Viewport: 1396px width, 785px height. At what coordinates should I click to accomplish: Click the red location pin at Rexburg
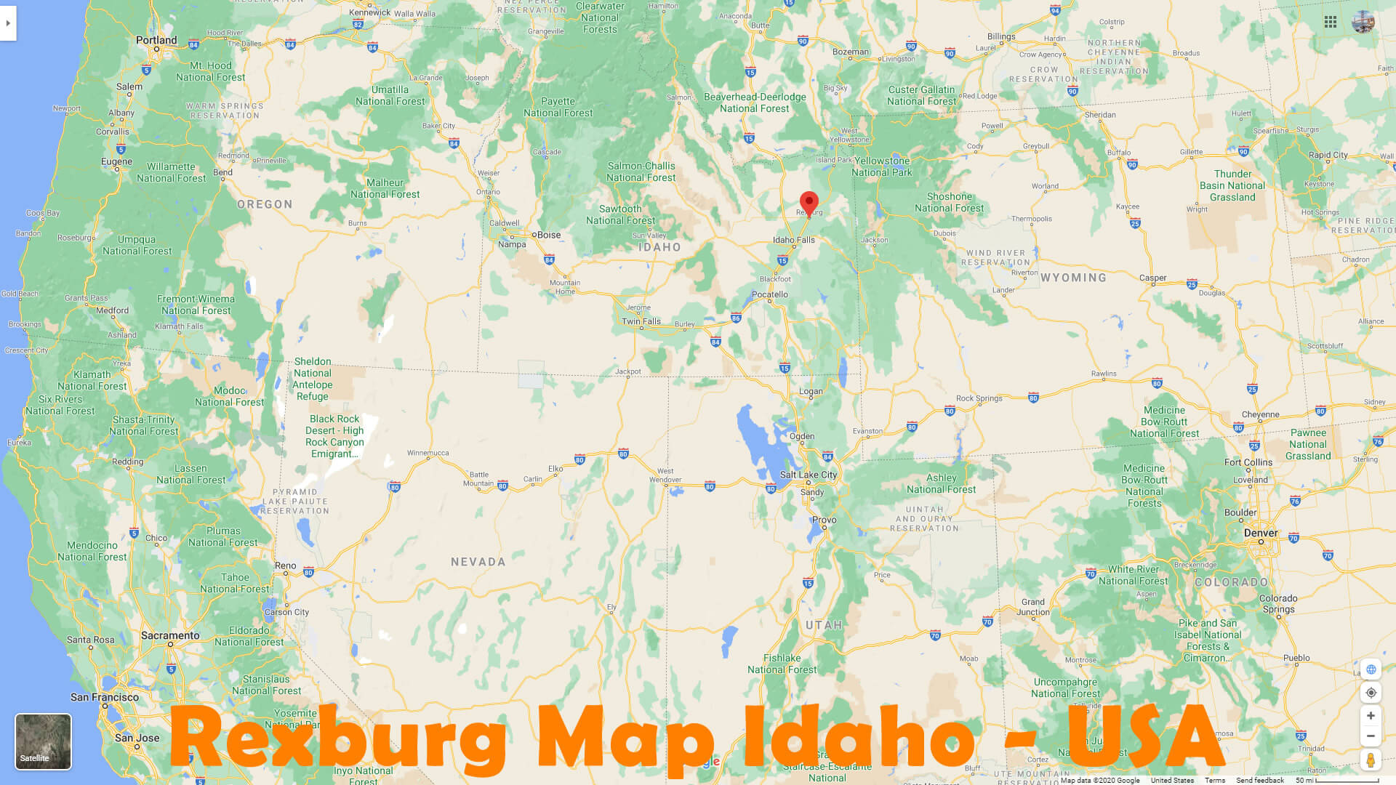[809, 202]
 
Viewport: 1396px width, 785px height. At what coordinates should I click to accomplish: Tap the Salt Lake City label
[808, 475]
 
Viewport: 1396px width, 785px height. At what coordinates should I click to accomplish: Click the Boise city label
[548, 235]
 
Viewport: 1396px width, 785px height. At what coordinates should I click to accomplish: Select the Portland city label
[156, 40]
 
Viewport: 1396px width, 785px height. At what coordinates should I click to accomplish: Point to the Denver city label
[1261, 533]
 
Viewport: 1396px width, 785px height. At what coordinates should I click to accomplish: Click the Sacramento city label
[170, 635]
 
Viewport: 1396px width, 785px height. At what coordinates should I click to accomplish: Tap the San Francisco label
[105, 697]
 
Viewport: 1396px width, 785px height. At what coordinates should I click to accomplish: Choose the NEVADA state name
[478, 562]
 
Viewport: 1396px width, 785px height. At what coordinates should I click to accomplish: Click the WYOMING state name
[1073, 278]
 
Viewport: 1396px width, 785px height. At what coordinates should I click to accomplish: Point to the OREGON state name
[265, 204]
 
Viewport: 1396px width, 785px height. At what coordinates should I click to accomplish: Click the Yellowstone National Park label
[882, 166]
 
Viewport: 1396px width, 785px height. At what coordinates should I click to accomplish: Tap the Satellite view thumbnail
[43, 741]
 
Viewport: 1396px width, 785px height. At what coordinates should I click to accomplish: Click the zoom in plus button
[1371, 716]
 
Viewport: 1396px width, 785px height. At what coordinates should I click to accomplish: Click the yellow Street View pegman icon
[1371, 760]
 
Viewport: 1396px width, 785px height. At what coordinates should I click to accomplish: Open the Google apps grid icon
[1331, 22]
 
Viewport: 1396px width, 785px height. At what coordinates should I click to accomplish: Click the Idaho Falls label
[793, 239]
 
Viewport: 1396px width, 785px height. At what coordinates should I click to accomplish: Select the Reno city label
[285, 565]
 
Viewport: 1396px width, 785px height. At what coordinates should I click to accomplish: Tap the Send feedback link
[1260, 780]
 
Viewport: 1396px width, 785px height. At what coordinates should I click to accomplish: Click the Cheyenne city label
[1261, 414]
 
